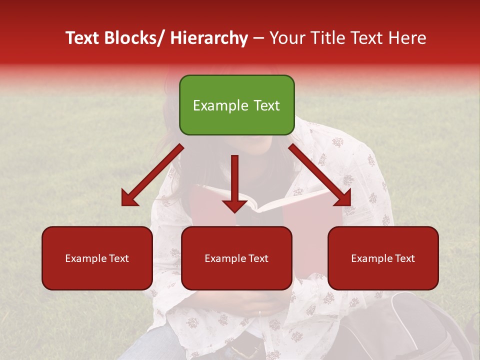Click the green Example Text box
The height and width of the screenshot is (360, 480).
pyautogui.click(x=236, y=105)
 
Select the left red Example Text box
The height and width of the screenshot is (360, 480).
pyautogui.click(x=97, y=258)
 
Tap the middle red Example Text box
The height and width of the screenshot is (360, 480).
pyautogui.click(x=236, y=258)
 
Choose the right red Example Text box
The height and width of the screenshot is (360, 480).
pyautogui.click(x=383, y=258)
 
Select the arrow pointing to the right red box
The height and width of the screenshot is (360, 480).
pyautogui.click(x=320, y=175)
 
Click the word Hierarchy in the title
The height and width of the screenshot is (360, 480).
pyautogui.click(x=208, y=38)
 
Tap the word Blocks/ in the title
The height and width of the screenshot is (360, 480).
pyautogui.click(x=132, y=38)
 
